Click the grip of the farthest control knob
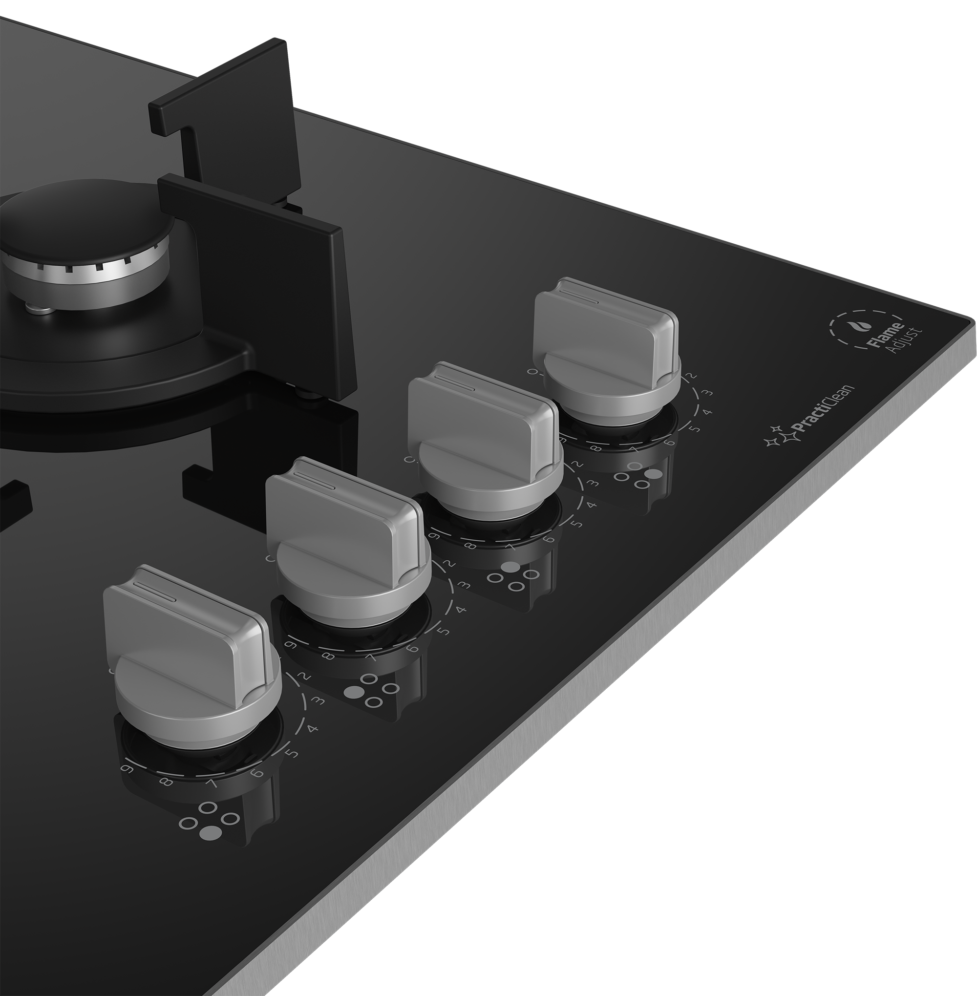pos(605,328)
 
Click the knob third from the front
pos(482,436)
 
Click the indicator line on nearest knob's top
pos(154,592)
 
